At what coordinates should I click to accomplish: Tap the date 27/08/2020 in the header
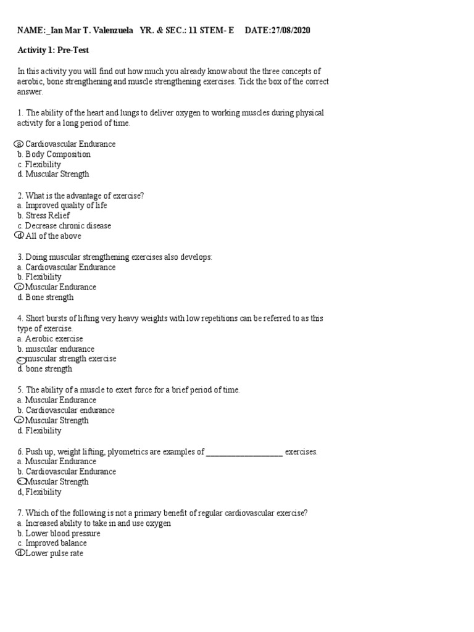tap(295, 30)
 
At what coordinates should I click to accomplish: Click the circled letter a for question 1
tap(19, 144)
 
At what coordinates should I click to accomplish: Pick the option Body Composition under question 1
tap(58, 154)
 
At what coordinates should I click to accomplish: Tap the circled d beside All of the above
tap(19, 236)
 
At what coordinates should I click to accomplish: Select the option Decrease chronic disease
tap(68, 226)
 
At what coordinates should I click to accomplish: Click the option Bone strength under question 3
tap(49, 297)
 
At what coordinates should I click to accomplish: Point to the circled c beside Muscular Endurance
tap(19, 287)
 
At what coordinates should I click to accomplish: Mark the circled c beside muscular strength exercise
tap(20, 359)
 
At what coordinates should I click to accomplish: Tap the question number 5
tap(20, 390)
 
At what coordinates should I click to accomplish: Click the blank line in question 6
tap(244, 452)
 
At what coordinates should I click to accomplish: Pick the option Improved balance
tap(56, 543)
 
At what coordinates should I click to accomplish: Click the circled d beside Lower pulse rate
tap(19, 554)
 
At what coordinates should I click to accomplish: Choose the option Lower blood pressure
tap(62, 533)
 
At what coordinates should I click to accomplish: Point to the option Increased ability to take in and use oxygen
tap(98, 523)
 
